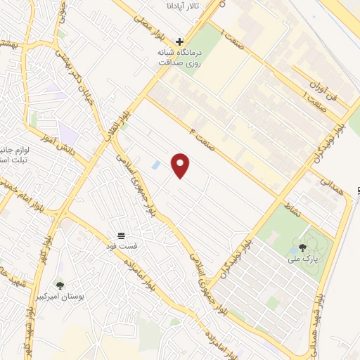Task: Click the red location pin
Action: click(x=181, y=165)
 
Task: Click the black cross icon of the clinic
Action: click(x=180, y=42)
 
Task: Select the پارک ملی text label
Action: click(x=302, y=259)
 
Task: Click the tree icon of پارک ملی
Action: click(x=302, y=247)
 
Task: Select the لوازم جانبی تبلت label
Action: click(x=14, y=154)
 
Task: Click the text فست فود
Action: click(x=121, y=245)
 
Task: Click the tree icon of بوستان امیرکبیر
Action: click(x=60, y=285)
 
